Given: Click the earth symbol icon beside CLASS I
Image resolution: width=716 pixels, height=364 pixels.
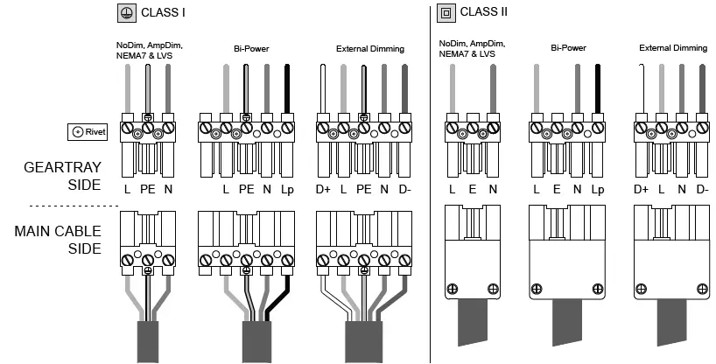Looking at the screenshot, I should coord(125,13).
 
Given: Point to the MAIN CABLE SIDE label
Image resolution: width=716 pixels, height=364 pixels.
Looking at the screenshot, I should coord(57,238).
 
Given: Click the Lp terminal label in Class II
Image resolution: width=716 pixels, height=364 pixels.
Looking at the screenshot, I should coord(597,189).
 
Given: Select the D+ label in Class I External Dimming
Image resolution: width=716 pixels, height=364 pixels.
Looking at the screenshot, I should coord(324,189).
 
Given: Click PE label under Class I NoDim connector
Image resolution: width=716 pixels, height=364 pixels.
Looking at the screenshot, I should coord(148,189).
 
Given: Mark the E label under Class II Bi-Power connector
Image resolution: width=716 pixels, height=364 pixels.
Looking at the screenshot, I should coord(558,189).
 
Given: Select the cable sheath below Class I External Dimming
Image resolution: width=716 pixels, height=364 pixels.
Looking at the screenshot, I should coord(362,339).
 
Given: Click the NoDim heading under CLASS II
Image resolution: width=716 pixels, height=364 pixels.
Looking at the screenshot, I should coord(472,49).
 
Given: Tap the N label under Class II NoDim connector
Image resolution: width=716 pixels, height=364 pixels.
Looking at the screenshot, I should coord(492,189).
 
